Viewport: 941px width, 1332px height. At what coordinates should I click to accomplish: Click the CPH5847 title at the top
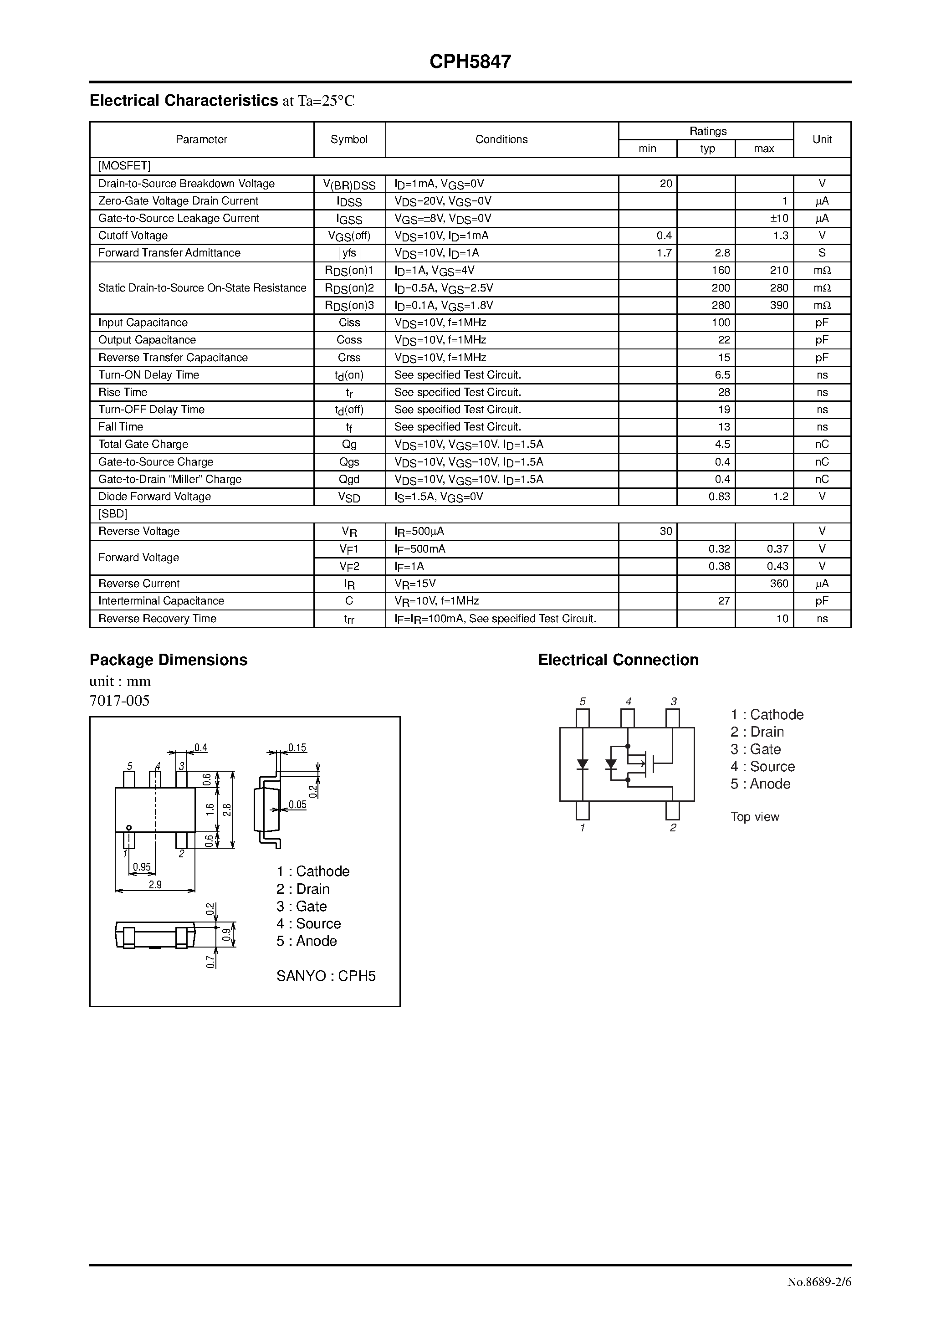(x=470, y=62)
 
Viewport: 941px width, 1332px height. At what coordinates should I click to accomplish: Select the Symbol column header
(x=349, y=139)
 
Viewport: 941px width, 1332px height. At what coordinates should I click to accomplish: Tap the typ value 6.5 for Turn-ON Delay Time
(x=722, y=375)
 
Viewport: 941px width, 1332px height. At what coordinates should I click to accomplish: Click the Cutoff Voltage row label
(x=133, y=236)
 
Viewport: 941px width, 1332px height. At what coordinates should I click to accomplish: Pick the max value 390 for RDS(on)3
(x=778, y=305)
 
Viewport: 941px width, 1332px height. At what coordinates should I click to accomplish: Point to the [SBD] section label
(x=113, y=514)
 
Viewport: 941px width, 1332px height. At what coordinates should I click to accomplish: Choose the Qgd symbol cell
(x=349, y=479)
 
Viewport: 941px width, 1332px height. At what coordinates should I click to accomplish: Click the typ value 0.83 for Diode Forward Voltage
(x=719, y=497)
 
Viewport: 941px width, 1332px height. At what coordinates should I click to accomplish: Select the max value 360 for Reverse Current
(x=778, y=584)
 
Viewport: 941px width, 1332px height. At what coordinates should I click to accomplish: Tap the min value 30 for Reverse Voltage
(x=665, y=532)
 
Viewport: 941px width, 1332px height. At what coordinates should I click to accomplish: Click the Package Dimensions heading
(x=168, y=660)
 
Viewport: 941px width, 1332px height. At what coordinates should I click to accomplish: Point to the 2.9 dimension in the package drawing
(x=155, y=885)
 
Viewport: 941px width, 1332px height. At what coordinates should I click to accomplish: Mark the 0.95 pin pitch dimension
(x=142, y=867)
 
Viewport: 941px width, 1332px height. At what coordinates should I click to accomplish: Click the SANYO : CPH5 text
(x=326, y=976)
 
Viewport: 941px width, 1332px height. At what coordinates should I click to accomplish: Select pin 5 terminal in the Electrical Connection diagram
(x=583, y=717)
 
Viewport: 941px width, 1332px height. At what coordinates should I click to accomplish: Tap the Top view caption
(x=754, y=817)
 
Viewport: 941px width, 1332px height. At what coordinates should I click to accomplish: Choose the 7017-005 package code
(x=119, y=701)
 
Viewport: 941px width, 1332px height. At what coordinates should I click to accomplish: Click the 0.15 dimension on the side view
(x=297, y=748)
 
